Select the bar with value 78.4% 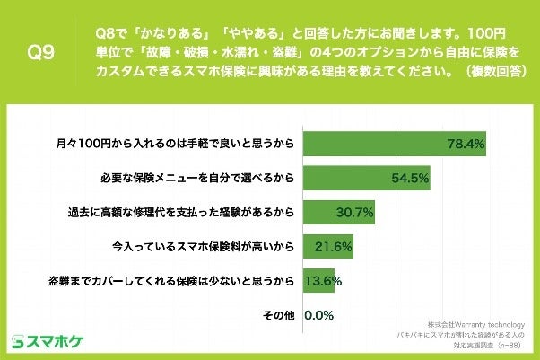tap(395, 143)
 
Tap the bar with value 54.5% tap(367, 177)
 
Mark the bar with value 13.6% tap(319, 280)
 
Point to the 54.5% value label tap(409, 178)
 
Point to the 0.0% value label tap(320, 315)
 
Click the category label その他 tap(277, 315)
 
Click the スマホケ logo tap(47, 340)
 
